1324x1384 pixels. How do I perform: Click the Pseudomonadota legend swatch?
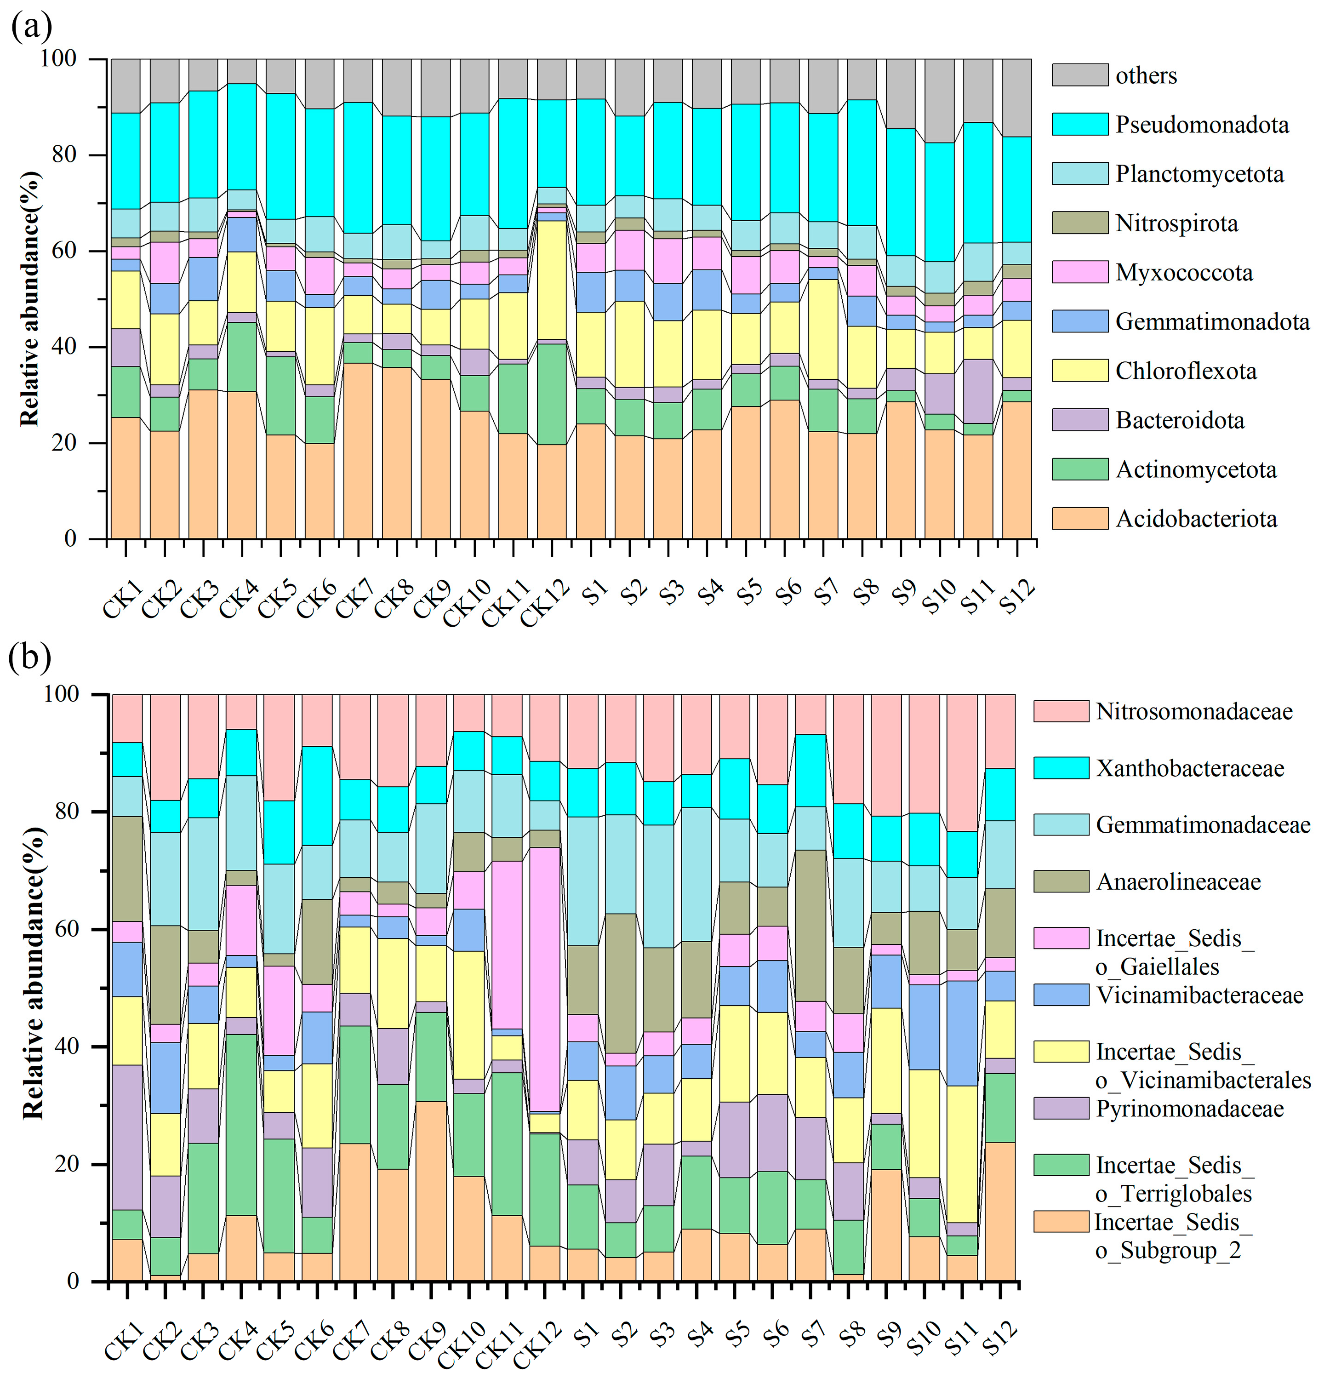1079,124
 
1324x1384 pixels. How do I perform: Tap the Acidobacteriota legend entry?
1196,519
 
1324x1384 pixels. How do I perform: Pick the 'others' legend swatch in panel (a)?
1079,75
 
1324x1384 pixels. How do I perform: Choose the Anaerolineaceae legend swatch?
1061,881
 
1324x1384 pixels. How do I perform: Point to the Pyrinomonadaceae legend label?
1189,1109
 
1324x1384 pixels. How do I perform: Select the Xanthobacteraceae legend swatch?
1061,768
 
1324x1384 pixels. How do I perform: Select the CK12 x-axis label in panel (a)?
545,602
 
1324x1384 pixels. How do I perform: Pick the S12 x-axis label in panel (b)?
1002,1338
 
